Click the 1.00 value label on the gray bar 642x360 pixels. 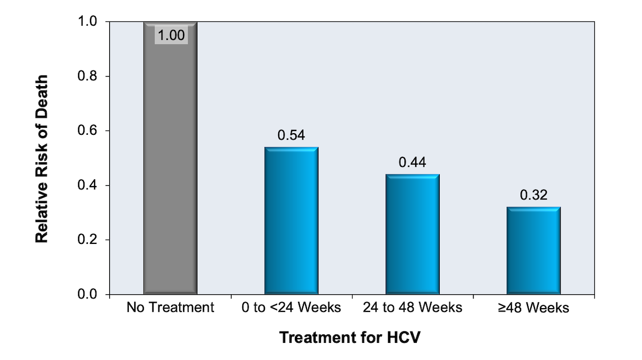click(x=171, y=36)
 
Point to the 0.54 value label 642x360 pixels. click(x=291, y=135)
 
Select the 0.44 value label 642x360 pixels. click(x=412, y=163)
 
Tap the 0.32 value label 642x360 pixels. click(x=533, y=195)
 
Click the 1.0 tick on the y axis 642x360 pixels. click(x=88, y=22)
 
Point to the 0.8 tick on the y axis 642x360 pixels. click(x=88, y=76)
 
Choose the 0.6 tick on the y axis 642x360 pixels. click(x=88, y=131)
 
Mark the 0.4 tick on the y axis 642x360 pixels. click(x=88, y=186)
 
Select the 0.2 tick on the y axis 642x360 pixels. click(x=88, y=240)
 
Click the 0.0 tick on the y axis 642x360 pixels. click(x=88, y=295)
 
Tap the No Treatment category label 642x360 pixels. click(x=170, y=309)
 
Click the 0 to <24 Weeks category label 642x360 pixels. click(x=291, y=309)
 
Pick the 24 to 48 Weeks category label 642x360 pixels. click(x=412, y=309)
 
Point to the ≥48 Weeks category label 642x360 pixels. click(x=533, y=309)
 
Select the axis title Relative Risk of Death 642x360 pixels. click(x=42, y=158)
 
